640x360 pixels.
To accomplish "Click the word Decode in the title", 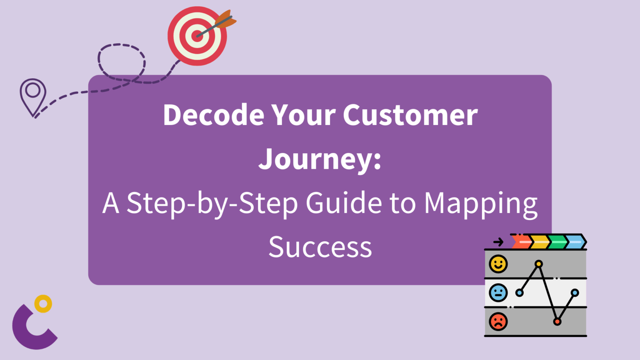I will tap(213, 115).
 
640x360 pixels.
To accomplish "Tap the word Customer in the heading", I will tap(410, 115).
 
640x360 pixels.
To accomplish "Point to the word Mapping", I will tap(480, 204).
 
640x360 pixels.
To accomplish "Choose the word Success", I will tap(320, 247).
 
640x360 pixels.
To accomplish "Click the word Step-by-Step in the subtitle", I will tap(212, 204).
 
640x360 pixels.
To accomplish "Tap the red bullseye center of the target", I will tap(197, 36).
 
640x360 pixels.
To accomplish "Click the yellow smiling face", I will tap(498, 264).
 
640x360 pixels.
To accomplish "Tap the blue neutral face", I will tap(498, 292).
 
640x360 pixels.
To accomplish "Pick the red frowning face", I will tap(498, 322).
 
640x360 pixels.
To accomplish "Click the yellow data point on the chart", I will tap(539, 264).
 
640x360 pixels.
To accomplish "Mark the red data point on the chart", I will tap(557, 322).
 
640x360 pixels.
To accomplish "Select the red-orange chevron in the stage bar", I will tap(521, 242).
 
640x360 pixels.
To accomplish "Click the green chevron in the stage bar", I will tap(557, 242).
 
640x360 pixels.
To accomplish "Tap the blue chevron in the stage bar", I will tap(575, 242).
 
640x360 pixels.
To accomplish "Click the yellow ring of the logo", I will tap(43, 303).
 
